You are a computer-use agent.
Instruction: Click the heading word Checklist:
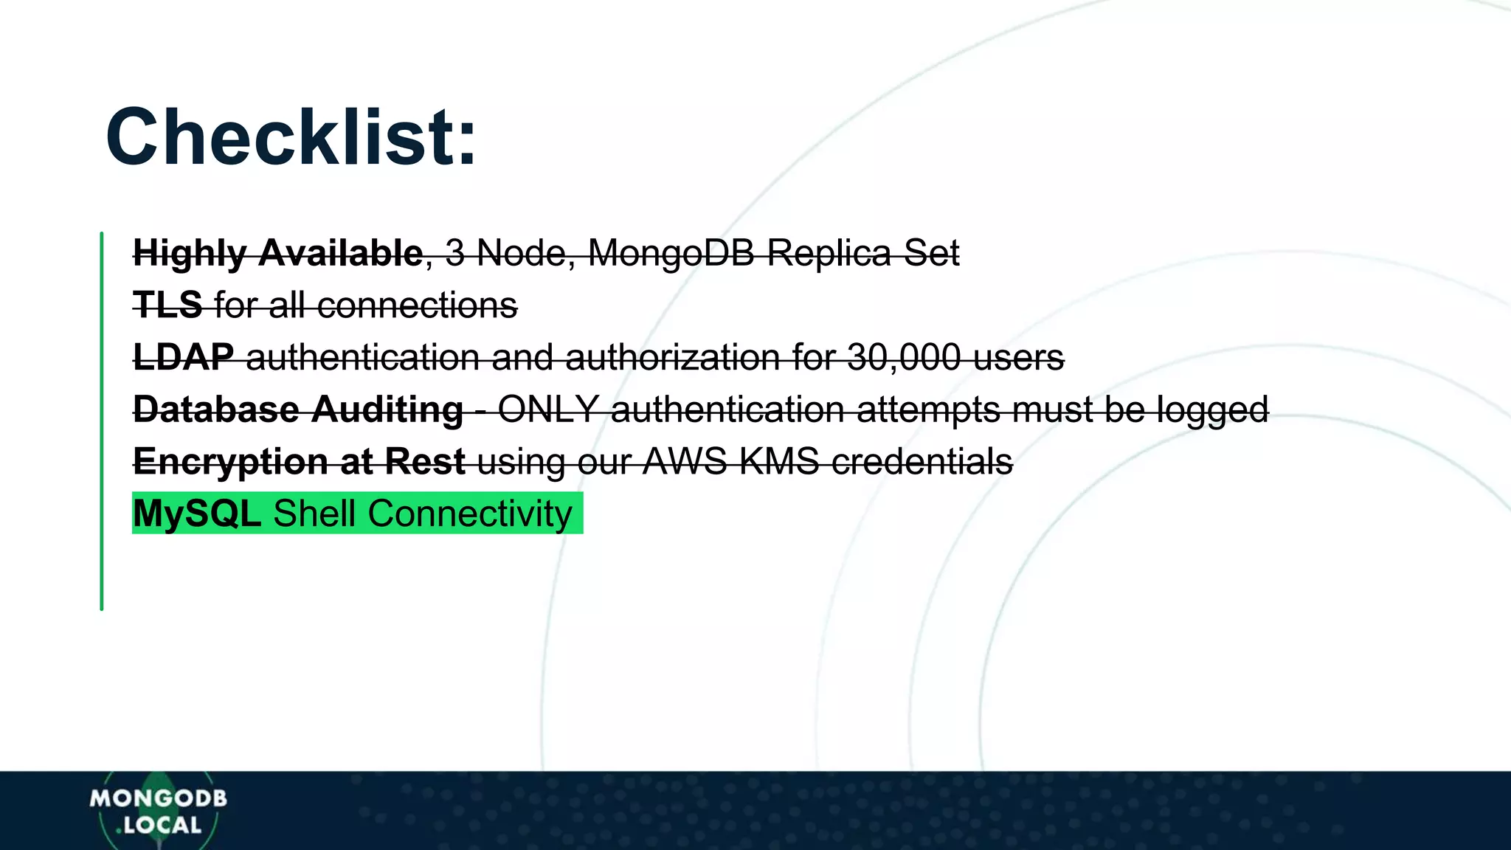pyautogui.click(x=291, y=138)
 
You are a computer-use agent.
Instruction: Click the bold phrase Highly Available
pyautogui.click(x=277, y=253)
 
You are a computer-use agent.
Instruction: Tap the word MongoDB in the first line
pyautogui.click(x=671, y=253)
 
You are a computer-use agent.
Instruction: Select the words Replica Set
pyautogui.click(x=862, y=253)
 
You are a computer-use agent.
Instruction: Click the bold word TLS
pyautogui.click(x=167, y=305)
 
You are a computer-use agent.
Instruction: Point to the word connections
pyautogui.click(x=417, y=305)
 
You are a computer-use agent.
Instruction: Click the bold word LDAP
pyautogui.click(x=183, y=357)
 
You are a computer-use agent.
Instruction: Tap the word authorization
pyautogui.click(x=672, y=357)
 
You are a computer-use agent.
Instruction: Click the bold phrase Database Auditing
pyautogui.click(x=298, y=410)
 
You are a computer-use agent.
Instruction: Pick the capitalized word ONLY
pyautogui.click(x=548, y=410)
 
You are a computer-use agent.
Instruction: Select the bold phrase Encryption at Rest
pyautogui.click(x=299, y=462)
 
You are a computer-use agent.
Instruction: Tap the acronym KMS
pyautogui.click(x=779, y=462)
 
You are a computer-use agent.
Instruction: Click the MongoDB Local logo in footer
pyautogui.click(x=158, y=811)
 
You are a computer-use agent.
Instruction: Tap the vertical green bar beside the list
pyautogui.click(x=102, y=421)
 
